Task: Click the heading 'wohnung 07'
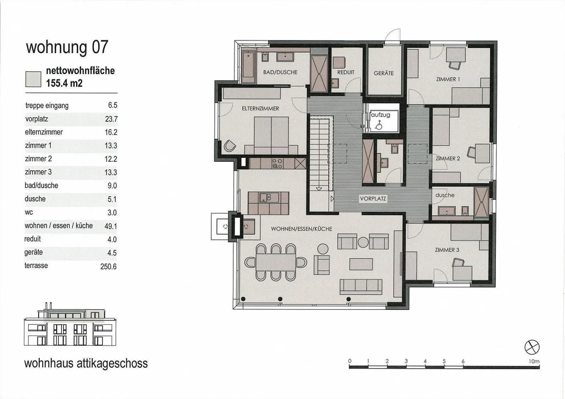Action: pyautogui.click(x=67, y=47)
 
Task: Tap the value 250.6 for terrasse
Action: pyautogui.click(x=108, y=267)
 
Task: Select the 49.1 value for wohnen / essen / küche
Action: pyautogui.click(x=111, y=226)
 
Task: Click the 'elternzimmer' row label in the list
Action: pyautogui.click(x=44, y=132)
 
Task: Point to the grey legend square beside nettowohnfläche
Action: pyautogui.click(x=33, y=78)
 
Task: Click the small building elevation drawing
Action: pyautogui.click(x=70, y=325)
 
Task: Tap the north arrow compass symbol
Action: pyautogui.click(x=532, y=347)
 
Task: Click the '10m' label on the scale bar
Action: pyautogui.click(x=534, y=361)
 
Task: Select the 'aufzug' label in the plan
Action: pyautogui.click(x=381, y=115)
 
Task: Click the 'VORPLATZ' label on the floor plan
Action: pyautogui.click(x=373, y=199)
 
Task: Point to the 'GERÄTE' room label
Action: pyautogui.click(x=383, y=73)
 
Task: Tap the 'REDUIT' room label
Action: pyautogui.click(x=346, y=72)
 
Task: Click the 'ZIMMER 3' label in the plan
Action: pyautogui.click(x=447, y=250)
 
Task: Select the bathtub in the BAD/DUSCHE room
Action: pyautogui.click(x=248, y=66)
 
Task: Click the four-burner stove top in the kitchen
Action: pyautogui.click(x=277, y=163)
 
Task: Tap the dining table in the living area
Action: pyautogui.click(x=276, y=262)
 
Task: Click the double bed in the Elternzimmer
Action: pyautogui.click(x=271, y=135)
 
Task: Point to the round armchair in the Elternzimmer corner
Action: pyautogui.click(x=229, y=146)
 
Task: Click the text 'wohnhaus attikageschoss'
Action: pyautogui.click(x=86, y=363)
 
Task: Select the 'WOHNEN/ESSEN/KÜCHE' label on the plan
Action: pyautogui.click(x=301, y=229)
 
